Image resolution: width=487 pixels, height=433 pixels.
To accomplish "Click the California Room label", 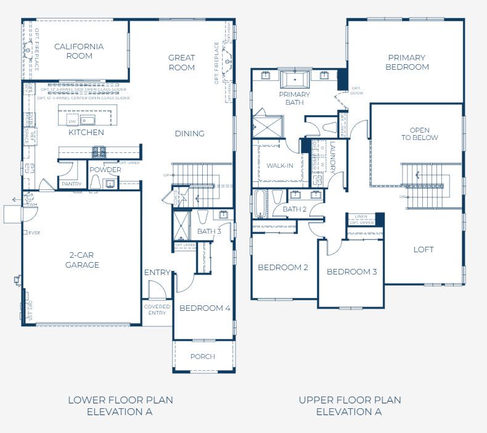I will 78,51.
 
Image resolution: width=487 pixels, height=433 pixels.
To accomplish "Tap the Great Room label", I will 181,63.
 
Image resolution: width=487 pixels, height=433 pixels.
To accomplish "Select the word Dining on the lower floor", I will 189,134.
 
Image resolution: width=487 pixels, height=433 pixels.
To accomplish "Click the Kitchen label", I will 86,133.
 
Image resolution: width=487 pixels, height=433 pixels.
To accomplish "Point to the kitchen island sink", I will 87,120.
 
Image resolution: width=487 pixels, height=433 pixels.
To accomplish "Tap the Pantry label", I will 72,184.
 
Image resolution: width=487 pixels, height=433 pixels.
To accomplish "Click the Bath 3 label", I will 209,232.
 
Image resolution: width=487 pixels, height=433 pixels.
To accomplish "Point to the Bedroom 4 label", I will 205,308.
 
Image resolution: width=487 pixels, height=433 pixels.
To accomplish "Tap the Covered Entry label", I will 157,310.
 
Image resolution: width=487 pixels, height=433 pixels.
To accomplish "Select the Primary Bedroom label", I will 406,62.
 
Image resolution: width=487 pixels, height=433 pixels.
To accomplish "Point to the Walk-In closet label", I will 281,166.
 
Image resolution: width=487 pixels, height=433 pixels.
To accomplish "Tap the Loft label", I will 424,250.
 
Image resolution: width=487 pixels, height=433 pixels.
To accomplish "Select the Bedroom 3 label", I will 351,272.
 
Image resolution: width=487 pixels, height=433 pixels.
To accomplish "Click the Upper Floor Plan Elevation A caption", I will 350,406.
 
